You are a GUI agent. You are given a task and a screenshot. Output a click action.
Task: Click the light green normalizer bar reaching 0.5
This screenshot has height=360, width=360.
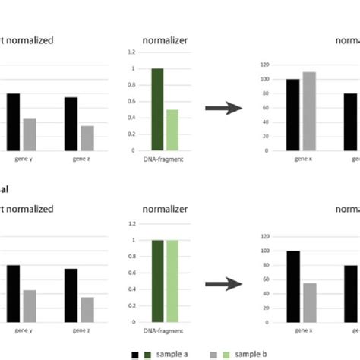[172, 130]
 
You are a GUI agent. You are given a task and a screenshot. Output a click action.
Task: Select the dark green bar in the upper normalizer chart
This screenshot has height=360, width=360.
[158, 109]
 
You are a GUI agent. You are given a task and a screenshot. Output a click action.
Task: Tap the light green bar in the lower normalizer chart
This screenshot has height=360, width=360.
[172, 280]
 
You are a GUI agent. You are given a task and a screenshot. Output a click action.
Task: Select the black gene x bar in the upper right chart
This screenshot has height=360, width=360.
[292, 115]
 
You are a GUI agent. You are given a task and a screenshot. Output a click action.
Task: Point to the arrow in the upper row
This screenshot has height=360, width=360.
[223, 109]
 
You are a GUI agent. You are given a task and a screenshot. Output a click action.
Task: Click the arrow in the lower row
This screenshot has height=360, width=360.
[223, 283]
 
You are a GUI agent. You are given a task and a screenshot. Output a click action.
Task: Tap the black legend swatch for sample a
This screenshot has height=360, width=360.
[135, 354]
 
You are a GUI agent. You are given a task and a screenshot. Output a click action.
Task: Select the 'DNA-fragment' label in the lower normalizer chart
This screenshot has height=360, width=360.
[165, 330]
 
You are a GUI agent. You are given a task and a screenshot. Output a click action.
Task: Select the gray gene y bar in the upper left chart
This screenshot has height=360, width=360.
[29, 134]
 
